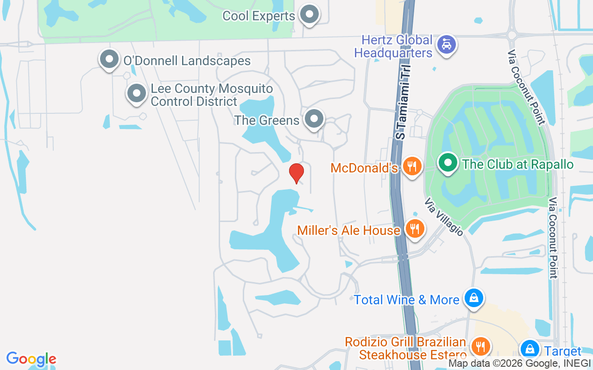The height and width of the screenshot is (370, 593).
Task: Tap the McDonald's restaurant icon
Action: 412,166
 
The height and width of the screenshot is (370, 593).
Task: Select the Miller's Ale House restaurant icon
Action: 415,228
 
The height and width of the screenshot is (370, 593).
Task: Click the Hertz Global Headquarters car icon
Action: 447,44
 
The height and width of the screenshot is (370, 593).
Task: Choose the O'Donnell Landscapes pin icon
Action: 109,59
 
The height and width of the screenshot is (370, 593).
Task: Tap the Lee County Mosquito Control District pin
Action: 137,93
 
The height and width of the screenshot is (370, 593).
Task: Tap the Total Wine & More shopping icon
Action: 474,298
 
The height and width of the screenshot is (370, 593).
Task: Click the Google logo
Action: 31,359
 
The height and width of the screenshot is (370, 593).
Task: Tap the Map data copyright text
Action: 519,364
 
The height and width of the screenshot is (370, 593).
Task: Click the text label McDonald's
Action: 364,168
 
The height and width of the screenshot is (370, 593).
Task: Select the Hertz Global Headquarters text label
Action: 393,46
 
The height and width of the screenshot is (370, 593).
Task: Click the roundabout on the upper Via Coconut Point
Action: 511,35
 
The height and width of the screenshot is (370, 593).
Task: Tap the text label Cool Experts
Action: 259,16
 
